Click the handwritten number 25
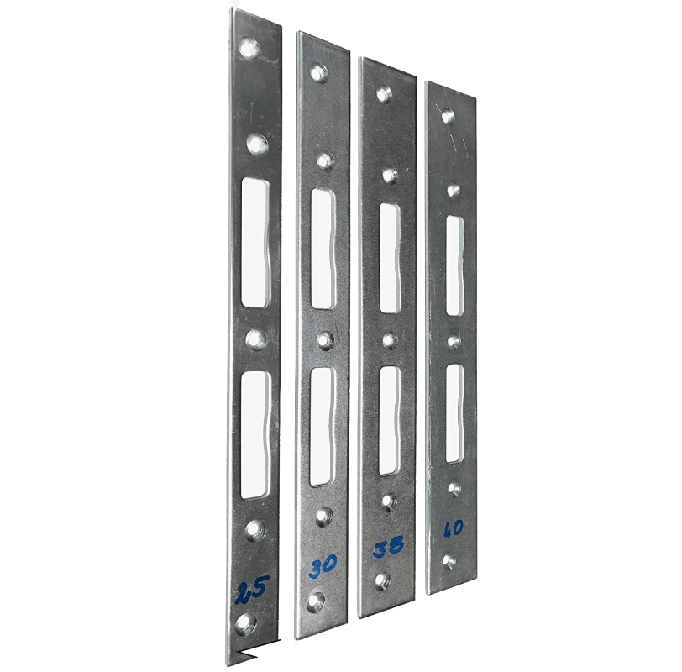coord(253,591)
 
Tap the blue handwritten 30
coord(323,565)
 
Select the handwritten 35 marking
coord(388,548)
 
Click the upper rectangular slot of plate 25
coord(255,242)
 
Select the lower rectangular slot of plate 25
coord(254,435)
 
